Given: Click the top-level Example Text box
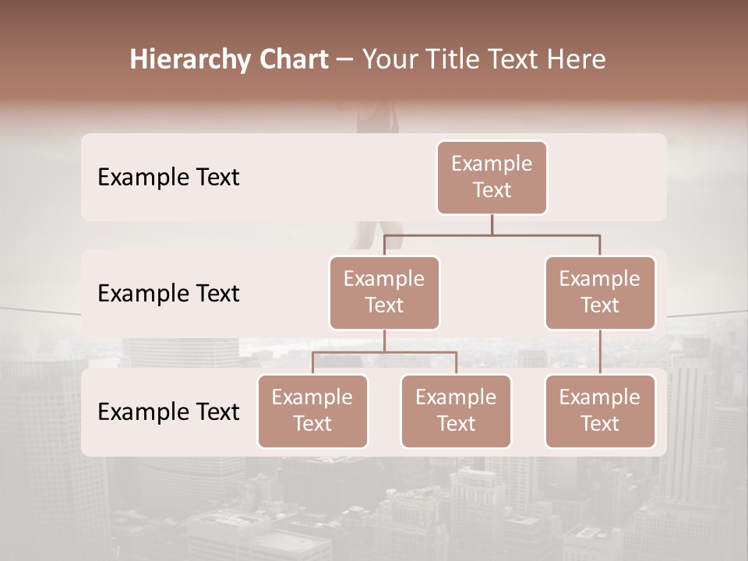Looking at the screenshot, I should (492, 178).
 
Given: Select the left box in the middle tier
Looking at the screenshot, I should (384, 293).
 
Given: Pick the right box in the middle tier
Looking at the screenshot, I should (600, 293).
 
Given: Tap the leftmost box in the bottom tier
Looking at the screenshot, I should (312, 411).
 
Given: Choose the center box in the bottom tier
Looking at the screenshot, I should (456, 411).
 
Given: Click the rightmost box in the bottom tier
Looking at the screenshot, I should (600, 411).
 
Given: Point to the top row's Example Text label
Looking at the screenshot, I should (168, 178).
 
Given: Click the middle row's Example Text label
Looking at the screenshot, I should (168, 294).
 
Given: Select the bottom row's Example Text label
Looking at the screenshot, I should (168, 411).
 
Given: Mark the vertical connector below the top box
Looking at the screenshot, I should (492, 224).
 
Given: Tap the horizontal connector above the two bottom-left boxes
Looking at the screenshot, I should (384, 352).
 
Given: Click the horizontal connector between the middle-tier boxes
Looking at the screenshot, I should (492, 235).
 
